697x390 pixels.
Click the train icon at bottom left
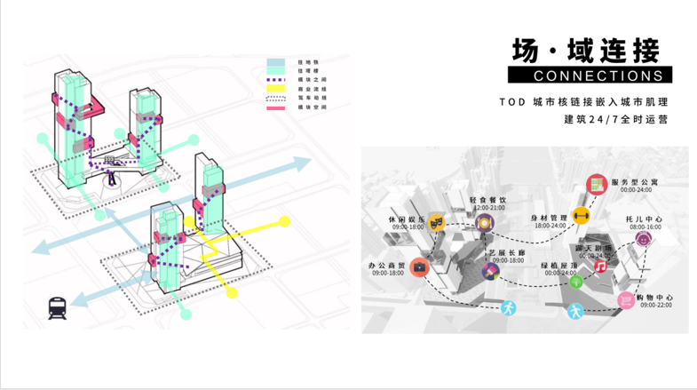pos(58,308)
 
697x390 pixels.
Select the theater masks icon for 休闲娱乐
pos(435,222)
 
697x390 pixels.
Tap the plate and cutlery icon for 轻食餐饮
pos(484,225)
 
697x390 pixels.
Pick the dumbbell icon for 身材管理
pos(582,215)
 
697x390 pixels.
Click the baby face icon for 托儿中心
pos(640,242)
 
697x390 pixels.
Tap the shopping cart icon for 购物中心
pos(625,301)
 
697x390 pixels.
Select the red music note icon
pos(600,266)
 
